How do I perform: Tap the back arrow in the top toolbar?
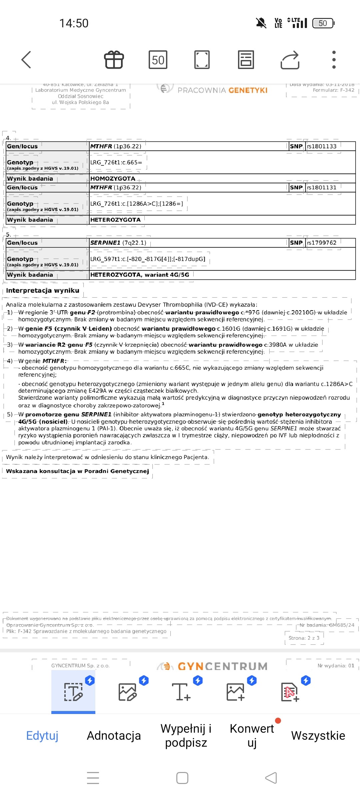click(26, 60)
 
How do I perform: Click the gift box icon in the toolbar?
click(114, 60)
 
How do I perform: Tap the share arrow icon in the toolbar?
click(290, 60)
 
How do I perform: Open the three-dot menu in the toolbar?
click(334, 60)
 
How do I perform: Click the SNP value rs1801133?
click(322, 146)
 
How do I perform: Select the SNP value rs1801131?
click(322, 188)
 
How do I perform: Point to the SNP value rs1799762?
click(322, 243)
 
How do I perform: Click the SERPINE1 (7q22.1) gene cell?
click(118, 243)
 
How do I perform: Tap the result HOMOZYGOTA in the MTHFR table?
click(113, 179)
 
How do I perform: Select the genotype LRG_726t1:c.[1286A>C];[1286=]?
click(137, 204)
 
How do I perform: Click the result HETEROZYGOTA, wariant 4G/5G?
click(140, 275)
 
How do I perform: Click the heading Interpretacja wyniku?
click(43, 290)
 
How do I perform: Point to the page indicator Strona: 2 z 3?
click(304, 638)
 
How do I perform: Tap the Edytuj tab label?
click(42, 735)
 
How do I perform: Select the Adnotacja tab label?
click(114, 735)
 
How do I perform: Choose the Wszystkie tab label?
click(318, 735)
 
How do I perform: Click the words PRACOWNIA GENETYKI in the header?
click(222, 90)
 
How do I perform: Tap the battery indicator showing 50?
click(323, 23)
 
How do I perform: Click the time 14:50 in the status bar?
click(74, 23)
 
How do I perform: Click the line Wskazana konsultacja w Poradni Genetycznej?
click(77, 471)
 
